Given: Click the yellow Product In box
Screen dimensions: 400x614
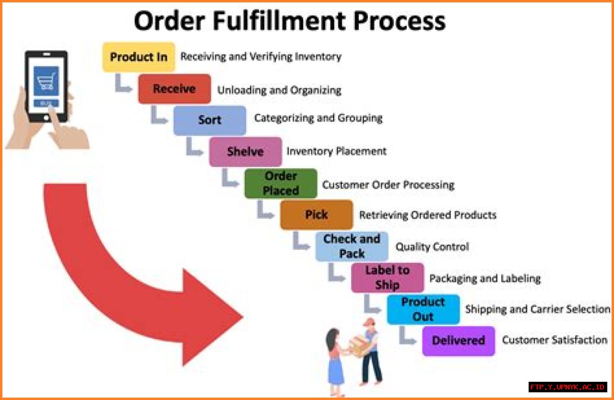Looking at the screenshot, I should tap(139, 57).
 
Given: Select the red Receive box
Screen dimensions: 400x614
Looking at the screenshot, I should tap(174, 89).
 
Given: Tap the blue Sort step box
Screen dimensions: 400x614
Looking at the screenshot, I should tap(210, 120).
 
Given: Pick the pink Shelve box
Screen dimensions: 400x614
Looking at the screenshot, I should tap(245, 152).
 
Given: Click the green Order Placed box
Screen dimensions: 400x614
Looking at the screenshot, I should tap(281, 183).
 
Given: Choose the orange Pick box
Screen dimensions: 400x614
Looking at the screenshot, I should tap(316, 214).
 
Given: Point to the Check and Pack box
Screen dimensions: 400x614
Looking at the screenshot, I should tap(352, 246).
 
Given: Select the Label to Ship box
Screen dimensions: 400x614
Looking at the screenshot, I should tap(387, 277).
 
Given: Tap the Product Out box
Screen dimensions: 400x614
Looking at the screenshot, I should tap(423, 309).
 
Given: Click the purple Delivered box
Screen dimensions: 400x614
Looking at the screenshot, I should tap(458, 341).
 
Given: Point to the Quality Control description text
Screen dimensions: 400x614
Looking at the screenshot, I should tap(432, 247).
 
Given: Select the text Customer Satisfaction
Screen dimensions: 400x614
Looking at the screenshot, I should tap(555, 340).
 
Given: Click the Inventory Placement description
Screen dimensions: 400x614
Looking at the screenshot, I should tap(336, 152).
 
